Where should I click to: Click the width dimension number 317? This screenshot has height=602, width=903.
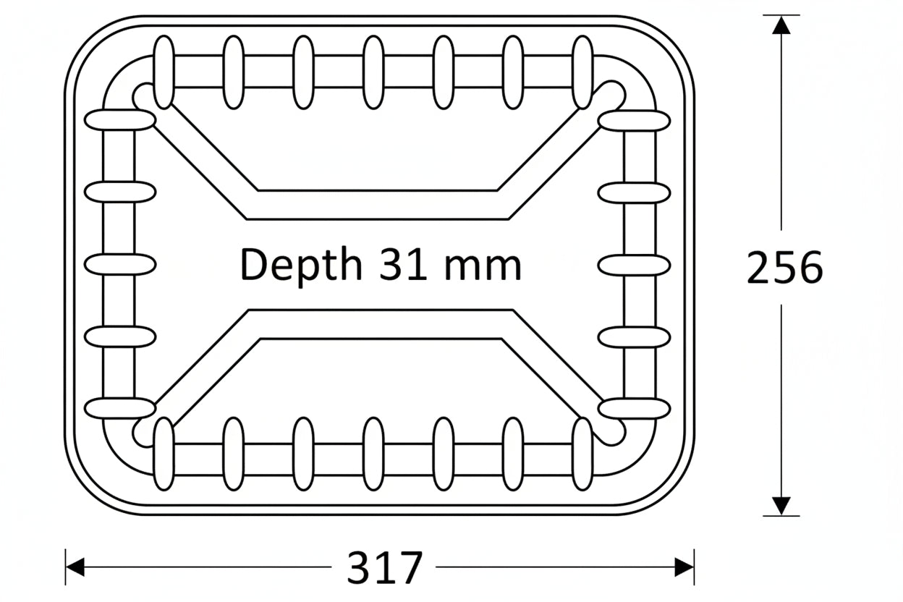coord(384,568)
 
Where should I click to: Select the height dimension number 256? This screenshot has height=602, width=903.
coord(784,268)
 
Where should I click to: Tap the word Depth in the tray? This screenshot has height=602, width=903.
coord(300,265)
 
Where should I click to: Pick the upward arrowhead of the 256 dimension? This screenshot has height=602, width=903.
coord(781,25)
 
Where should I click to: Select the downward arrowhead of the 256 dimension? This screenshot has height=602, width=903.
coord(781,505)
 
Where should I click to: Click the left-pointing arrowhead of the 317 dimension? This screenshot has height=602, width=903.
coord(76,567)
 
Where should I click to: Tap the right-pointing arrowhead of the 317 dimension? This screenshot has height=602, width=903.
coord(684,567)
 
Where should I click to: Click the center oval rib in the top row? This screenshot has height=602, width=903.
coord(373,72)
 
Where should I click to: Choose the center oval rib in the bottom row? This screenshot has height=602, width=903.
coord(373,454)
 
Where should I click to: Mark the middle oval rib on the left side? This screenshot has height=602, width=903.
coord(119,265)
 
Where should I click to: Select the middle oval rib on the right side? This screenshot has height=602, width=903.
coord(634,265)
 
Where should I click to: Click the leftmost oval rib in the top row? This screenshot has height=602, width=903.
coord(164,72)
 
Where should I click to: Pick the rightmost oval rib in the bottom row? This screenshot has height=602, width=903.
coord(582,454)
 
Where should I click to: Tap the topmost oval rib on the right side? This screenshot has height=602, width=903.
coord(634,120)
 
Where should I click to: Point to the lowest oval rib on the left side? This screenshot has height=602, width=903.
coord(119,408)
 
